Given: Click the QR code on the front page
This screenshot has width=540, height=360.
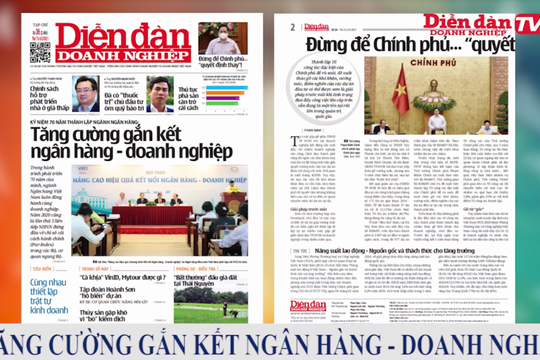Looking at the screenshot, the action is click(40, 49).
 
